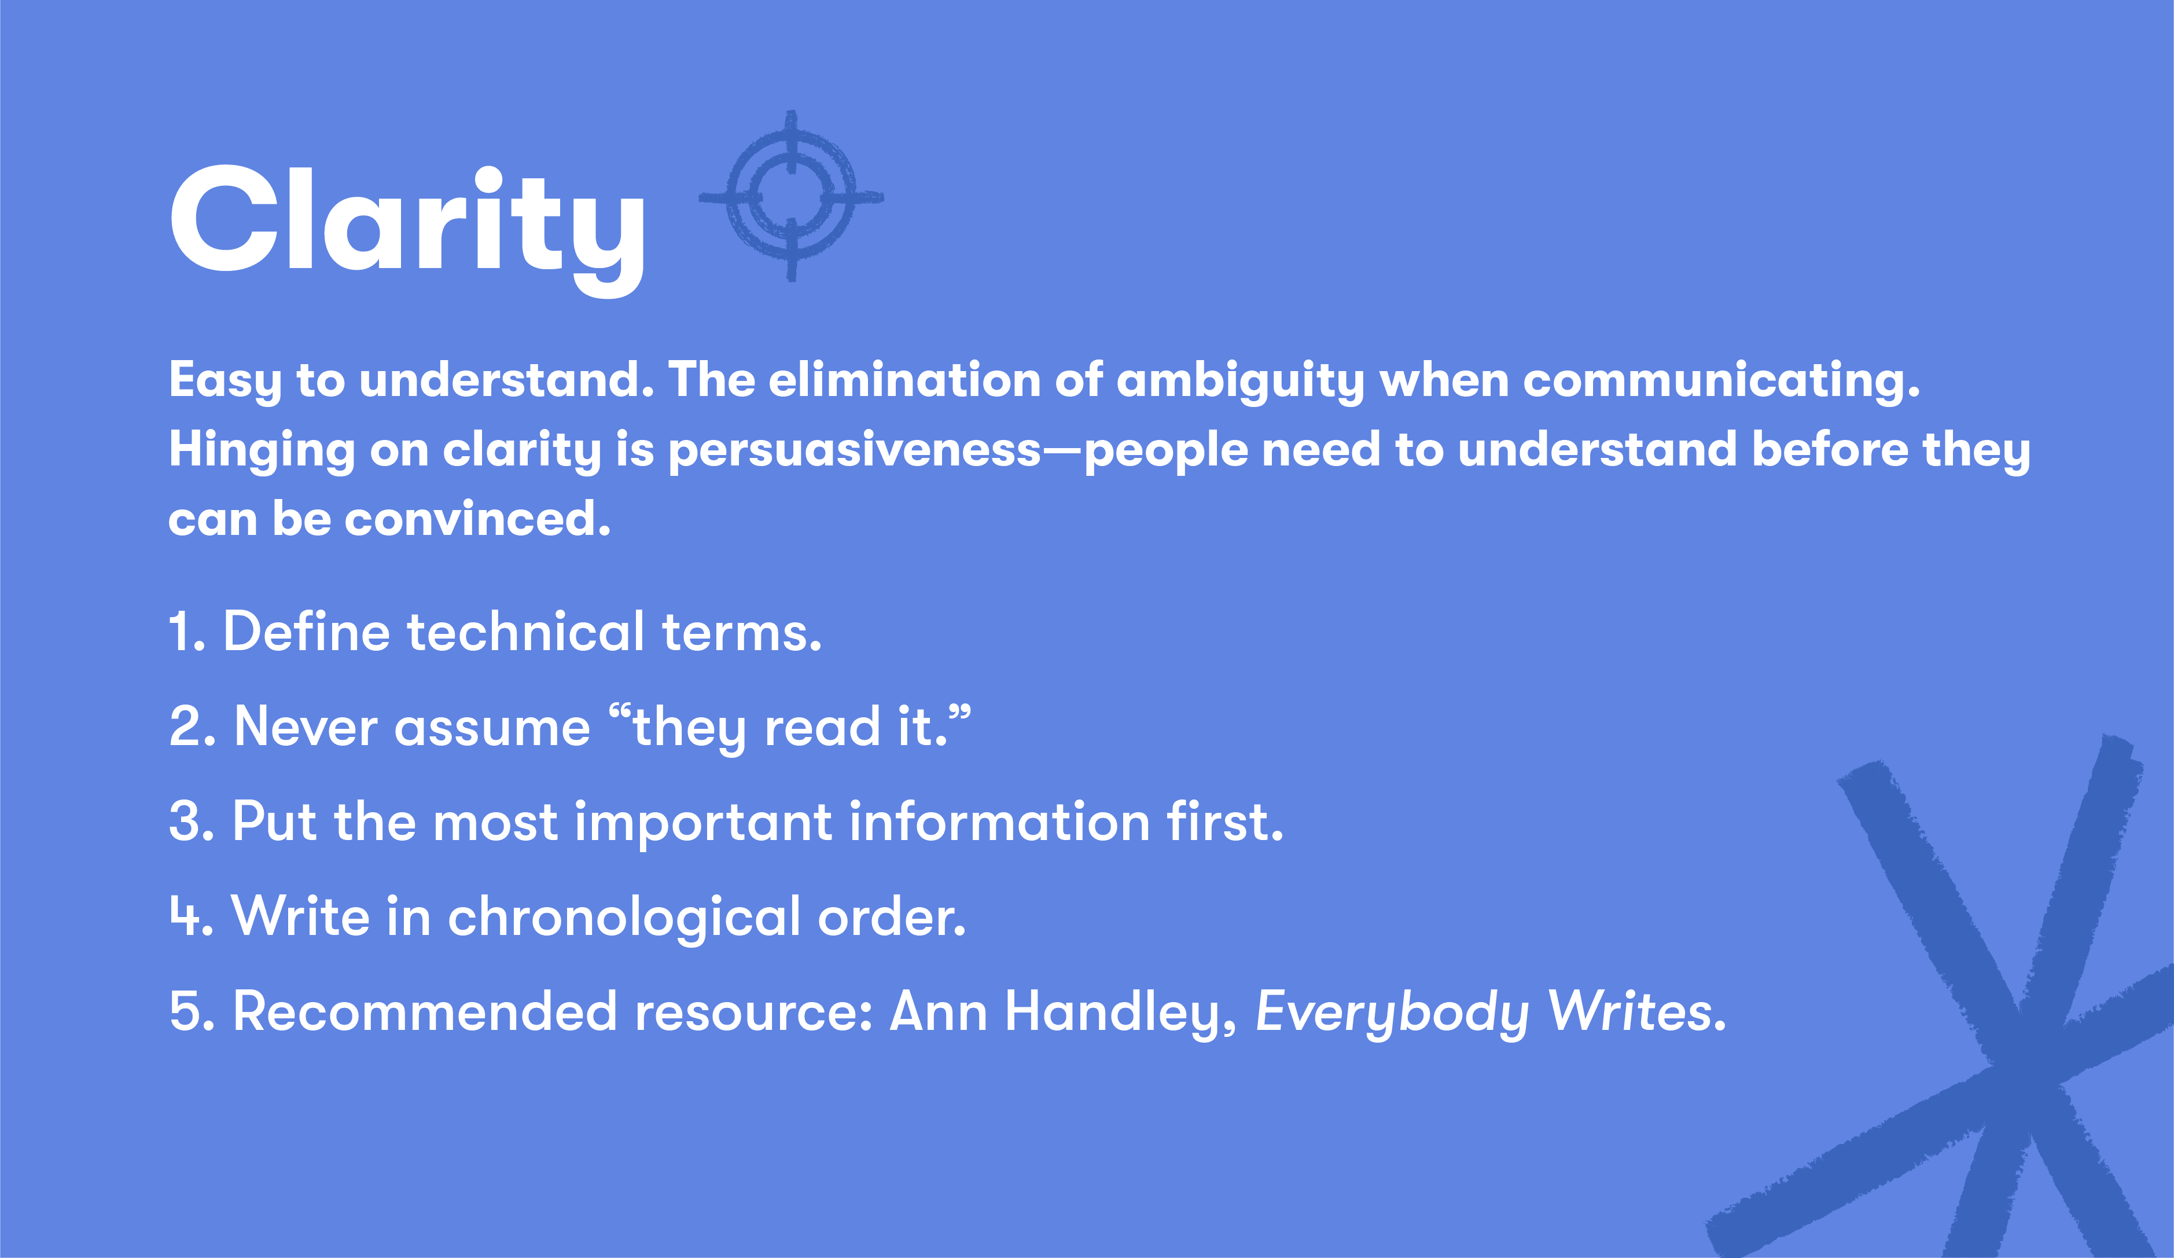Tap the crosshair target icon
click(791, 196)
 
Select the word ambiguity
click(1239, 380)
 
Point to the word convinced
click(477, 519)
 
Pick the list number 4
click(188, 916)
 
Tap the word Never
click(306, 727)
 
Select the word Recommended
click(425, 1011)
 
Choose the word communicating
click(1721, 380)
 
